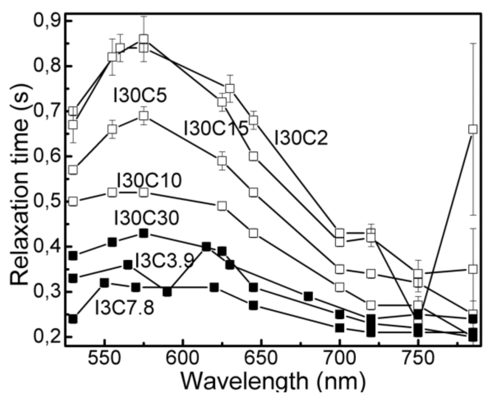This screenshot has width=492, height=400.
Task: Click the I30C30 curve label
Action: coord(146,218)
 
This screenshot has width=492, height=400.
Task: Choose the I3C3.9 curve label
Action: coord(164,261)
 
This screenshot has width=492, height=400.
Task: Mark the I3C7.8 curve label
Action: coord(124,308)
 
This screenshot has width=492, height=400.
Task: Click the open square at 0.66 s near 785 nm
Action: coord(473,129)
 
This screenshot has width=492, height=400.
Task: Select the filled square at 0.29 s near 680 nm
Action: coord(308,296)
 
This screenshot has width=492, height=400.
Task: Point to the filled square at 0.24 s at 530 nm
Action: coord(73,319)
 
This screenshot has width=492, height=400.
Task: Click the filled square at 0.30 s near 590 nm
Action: coord(167,292)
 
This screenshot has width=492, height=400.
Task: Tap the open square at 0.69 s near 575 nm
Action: coord(144,116)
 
